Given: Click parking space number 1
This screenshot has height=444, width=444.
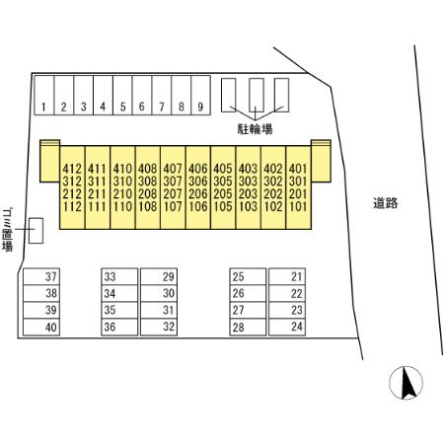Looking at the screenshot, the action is pyautogui.click(x=44, y=96).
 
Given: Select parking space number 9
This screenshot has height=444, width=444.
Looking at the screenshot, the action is pyautogui.click(x=200, y=96).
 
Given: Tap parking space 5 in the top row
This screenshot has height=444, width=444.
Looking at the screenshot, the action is pyautogui.click(x=122, y=96).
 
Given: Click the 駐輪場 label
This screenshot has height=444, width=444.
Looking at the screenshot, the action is pyautogui.click(x=255, y=129).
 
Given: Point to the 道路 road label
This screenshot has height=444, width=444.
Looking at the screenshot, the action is pyautogui.click(x=386, y=203).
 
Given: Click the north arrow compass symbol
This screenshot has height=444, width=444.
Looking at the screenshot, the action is pyautogui.click(x=406, y=383).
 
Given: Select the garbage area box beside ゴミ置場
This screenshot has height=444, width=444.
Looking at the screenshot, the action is pyautogui.click(x=36, y=231).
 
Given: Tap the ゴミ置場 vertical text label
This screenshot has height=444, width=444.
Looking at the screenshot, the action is pyautogui.click(x=7, y=230).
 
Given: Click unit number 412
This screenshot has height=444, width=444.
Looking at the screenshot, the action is pyautogui.click(x=72, y=169).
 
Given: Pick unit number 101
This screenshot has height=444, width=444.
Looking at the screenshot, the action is pyautogui.click(x=298, y=206).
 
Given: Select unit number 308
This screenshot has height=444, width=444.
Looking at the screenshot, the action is pyautogui.click(x=148, y=182).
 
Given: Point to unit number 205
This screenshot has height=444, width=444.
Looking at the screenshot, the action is pyautogui.click(x=223, y=194).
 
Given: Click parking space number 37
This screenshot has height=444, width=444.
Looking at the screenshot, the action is pyautogui.click(x=41, y=276).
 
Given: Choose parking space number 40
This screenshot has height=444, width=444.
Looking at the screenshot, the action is pyautogui.click(x=41, y=327).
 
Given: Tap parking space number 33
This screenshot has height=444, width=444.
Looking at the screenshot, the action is pyautogui.click(x=119, y=276).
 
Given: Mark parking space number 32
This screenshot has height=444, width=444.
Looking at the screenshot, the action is pyautogui.click(x=159, y=327).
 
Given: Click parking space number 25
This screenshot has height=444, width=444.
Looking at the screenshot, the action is pyautogui.click(x=248, y=276).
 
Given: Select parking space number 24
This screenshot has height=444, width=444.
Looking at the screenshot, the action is pyautogui.click(x=287, y=327).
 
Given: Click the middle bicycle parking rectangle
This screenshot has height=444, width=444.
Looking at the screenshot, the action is pyautogui.click(x=257, y=95).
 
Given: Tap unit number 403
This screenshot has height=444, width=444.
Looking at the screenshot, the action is pyautogui.click(x=248, y=169).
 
